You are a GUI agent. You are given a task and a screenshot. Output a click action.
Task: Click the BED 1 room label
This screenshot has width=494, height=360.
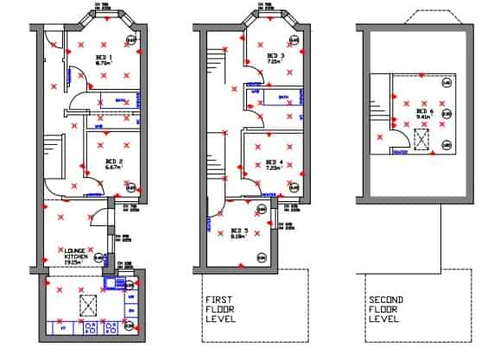(104, 58)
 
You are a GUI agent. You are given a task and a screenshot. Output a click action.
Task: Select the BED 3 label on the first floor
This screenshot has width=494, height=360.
(253, 57)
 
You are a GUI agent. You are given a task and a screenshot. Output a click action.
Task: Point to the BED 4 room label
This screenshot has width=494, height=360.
(274, 161)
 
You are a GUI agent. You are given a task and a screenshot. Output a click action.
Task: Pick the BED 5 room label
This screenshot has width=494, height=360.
(239, 230)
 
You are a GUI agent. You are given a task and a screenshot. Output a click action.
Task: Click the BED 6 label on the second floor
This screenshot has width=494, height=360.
(424, 111)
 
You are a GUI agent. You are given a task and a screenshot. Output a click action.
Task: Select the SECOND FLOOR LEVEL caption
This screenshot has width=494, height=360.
(383, 309)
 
